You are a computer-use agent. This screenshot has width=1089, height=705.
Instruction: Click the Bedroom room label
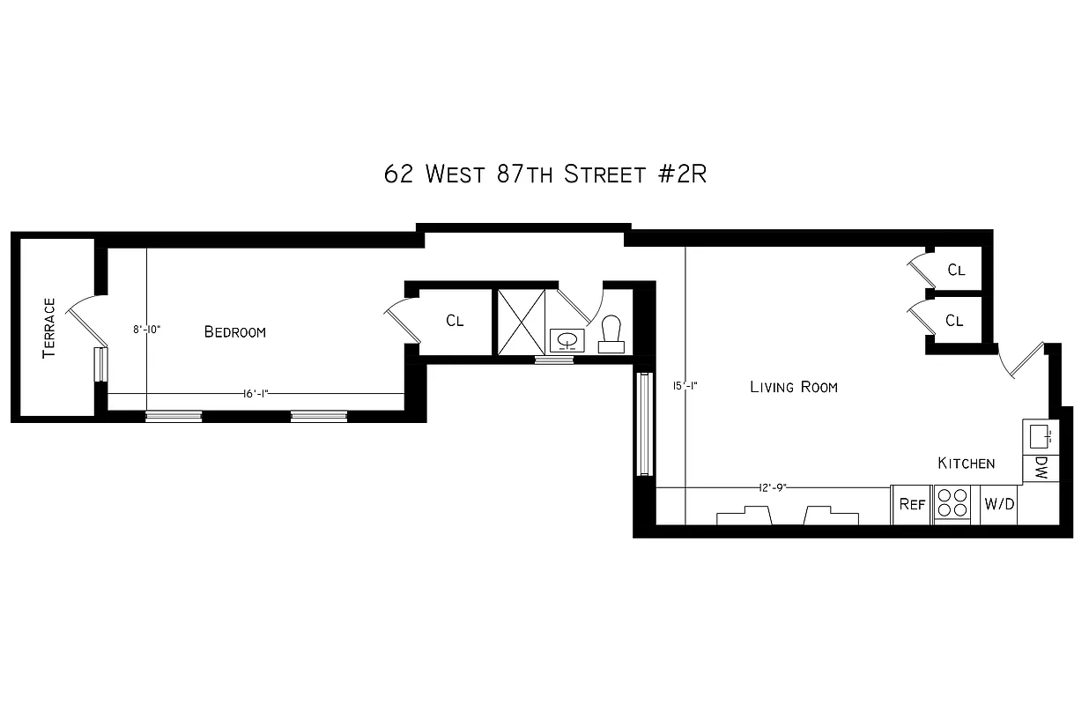[234, 332]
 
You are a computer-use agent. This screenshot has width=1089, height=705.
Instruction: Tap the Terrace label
[49, 328]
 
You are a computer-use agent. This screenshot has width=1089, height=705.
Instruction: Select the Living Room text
[793, 387]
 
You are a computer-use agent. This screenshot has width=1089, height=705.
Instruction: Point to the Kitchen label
[966, 464]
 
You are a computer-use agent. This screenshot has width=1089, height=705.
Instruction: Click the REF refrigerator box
[912, 505]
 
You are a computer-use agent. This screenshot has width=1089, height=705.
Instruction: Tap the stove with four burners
[952, 505]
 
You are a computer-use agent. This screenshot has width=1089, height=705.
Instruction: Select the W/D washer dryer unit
[999, 505]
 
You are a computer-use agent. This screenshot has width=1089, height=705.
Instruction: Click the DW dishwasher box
[1041, 468]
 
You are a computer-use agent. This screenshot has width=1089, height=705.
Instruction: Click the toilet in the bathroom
[611, 332]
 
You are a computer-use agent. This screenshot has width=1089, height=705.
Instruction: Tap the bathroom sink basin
[567, 338]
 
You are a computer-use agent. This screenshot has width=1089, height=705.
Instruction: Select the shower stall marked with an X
[521, 321]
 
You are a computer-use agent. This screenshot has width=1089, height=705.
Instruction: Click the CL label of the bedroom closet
[455, 321]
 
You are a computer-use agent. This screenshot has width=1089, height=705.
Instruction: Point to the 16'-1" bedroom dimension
[256, 394]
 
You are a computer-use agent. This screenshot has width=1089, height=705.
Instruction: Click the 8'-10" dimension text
[146, 330]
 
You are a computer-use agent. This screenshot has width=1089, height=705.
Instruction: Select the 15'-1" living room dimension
[685, 385]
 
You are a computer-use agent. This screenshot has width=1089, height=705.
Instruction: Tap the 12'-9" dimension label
[773, 487]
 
